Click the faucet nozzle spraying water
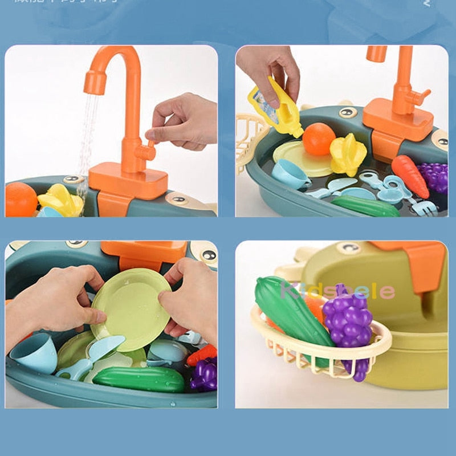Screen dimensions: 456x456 click(x=95, y=82)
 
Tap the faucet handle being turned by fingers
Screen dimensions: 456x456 click(x=147, y=152)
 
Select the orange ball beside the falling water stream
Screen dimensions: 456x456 click(x=21, y=199)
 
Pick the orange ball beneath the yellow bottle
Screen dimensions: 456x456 click(x=318, y=139)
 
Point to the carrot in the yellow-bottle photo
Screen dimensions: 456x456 click(x=410, y=176)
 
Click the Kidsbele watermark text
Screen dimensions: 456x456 click(x=337, y=291)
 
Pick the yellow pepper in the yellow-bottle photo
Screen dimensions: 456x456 click(x=348, y=154)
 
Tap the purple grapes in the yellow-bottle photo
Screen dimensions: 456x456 click(x=434, y=177)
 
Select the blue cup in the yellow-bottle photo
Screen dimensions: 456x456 click(x=290, y=173)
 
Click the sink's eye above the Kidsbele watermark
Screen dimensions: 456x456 click(x=347, y=247)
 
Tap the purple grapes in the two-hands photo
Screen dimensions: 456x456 click(x=205, y=374)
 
